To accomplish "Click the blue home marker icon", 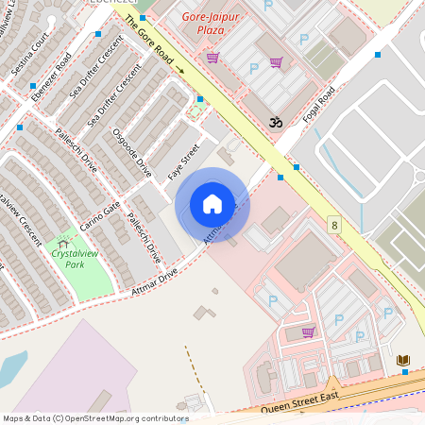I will tap(212, 204).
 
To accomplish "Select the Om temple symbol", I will tap(276, 122).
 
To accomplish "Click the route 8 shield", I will tap(334, 224).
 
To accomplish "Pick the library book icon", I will tap(403, 360).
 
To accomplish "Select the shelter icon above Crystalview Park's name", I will tap(63, 244).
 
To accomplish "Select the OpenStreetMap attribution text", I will tap(94, 418).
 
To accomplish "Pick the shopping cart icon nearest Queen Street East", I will tap(308, 331).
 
